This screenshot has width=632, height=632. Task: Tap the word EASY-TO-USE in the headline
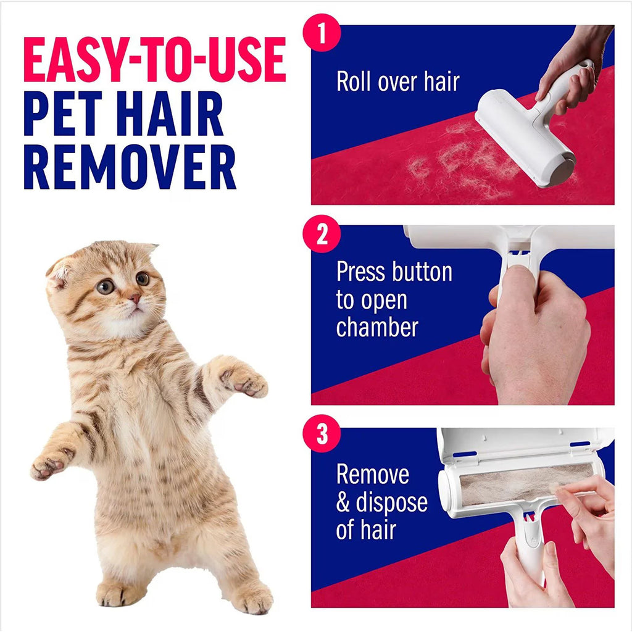pos(154,60)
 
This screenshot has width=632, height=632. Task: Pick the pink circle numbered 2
pos(322,235)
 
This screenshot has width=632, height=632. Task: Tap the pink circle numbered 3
pos(322,434)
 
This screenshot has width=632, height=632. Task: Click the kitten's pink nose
pos(134,299)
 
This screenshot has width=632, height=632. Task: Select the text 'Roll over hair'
pos(398,81)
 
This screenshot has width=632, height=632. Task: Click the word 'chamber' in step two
pos(377,326)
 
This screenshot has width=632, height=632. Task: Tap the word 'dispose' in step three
pos(391,502)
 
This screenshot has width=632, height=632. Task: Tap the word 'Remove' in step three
pos(372,474)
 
